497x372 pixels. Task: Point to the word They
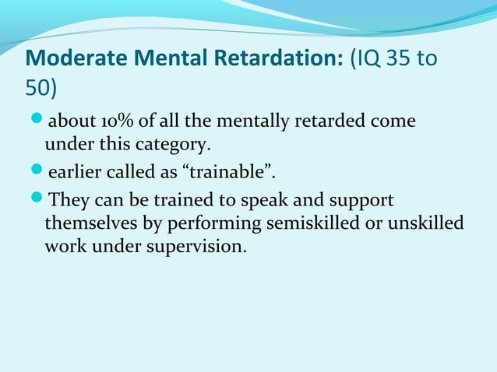tap(65, 200)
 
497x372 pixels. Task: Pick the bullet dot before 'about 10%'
tap(35, 122)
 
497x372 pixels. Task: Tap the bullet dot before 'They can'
tap(35, 200)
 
